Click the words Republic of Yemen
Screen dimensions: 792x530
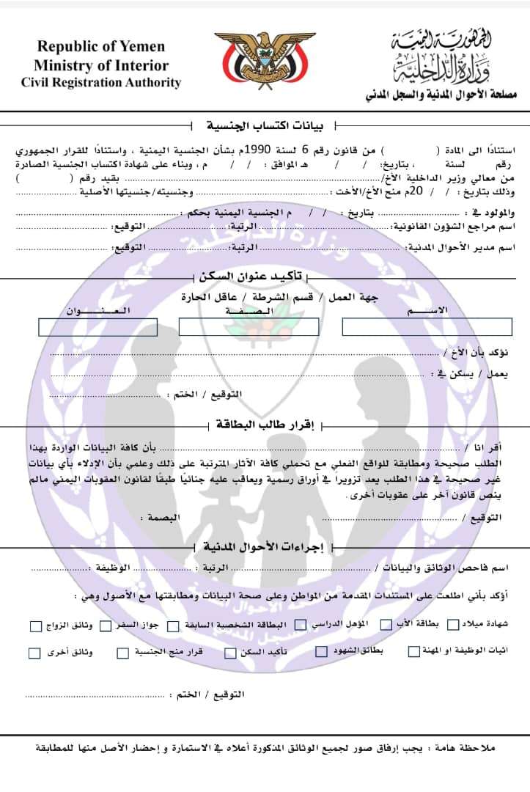point(101,47)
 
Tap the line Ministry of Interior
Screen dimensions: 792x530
point(101,65)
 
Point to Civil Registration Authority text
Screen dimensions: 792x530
point(101,83)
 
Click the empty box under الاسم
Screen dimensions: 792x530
point(427,327)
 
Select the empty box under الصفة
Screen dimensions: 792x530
point(249,327)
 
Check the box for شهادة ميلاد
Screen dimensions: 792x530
point(453,625)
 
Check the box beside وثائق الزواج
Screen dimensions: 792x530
point(36,626)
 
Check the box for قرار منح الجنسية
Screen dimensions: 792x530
point(123,652)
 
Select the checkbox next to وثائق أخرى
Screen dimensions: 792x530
point(35,653)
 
